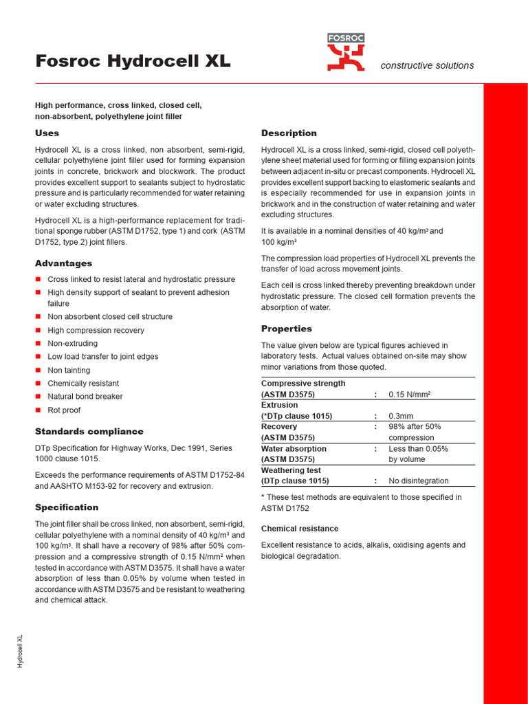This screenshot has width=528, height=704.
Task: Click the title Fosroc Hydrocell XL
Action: point(133,61)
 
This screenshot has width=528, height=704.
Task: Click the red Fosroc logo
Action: point(346,53)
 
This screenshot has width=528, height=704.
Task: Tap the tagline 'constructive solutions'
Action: point(427,65)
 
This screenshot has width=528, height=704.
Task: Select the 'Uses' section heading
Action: point(47,133)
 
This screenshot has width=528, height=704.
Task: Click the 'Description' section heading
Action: point(289,133)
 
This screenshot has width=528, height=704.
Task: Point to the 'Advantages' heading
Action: point(63,263)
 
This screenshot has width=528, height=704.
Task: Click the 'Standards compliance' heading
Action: point(89,431)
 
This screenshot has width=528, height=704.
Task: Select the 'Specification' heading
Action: point(67,507)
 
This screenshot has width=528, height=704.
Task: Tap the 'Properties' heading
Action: point(286,329)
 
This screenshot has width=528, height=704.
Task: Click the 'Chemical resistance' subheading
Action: point(300,529)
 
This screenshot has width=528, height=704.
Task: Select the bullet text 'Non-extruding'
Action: point(72,343)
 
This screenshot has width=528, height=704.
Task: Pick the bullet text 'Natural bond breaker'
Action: point(85,396)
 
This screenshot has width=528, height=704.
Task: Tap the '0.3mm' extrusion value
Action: point(401,416)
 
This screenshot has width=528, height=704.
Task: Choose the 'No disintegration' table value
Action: point(418,481)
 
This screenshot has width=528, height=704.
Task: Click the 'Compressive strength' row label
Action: point(303,383)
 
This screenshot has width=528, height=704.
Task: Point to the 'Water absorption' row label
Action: point(294,448)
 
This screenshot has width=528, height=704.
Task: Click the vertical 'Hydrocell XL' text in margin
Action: point(21,650)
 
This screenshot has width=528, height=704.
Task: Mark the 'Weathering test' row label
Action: point(291,470)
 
